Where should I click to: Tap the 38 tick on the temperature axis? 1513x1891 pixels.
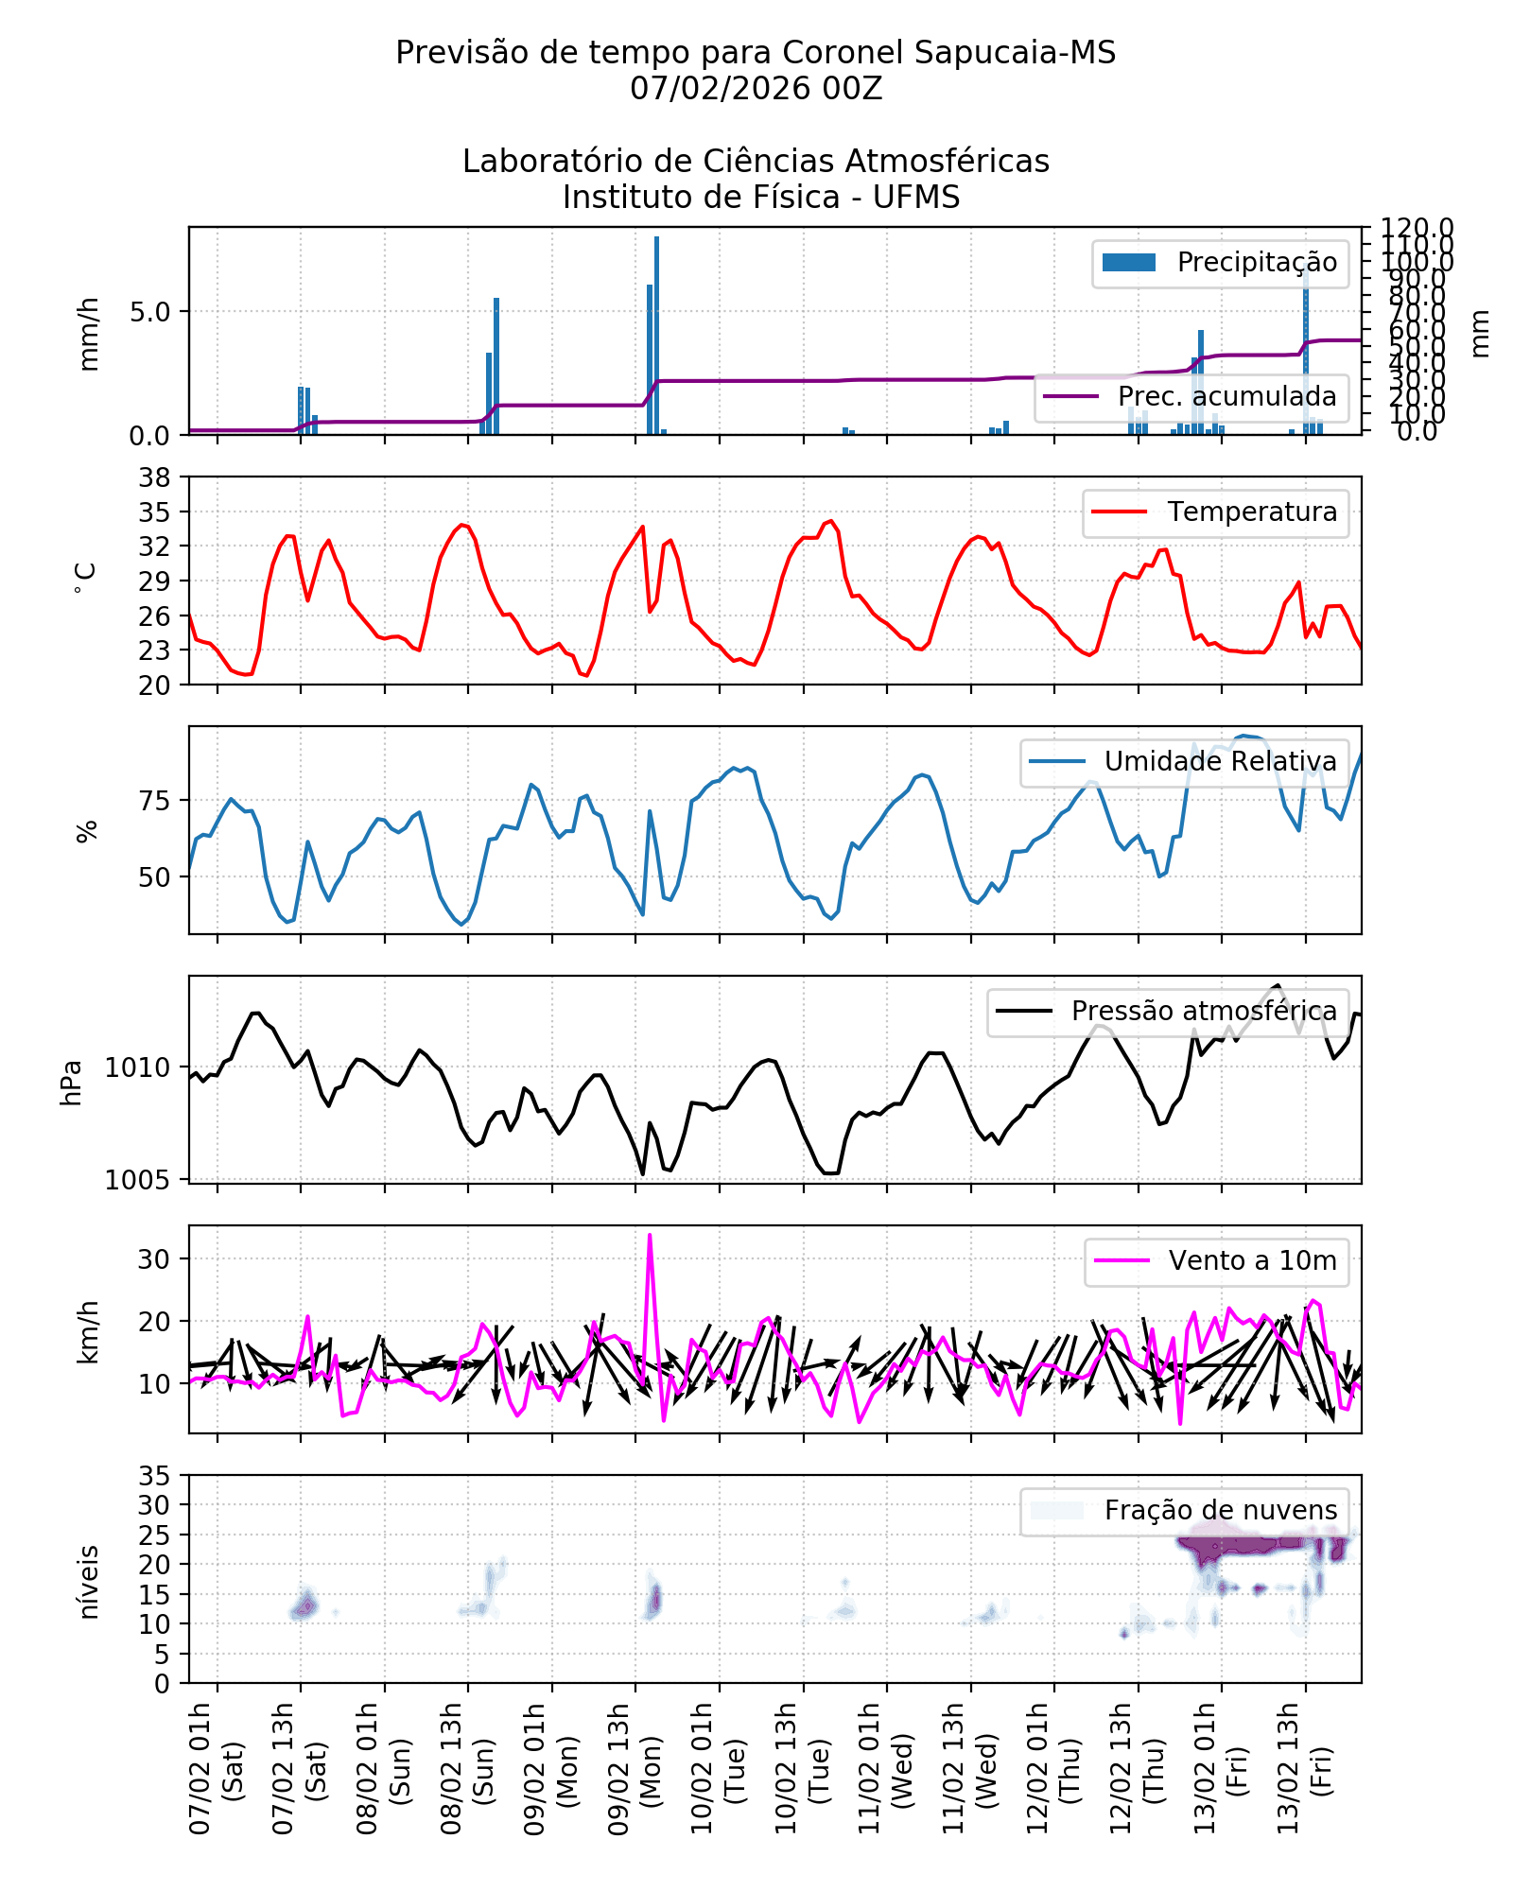pyautogui.click(x=155, y=477)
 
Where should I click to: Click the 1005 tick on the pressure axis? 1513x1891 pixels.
pyautogui.click(x=137, y=1180)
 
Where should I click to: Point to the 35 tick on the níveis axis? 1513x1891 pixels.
pyautogui.click(x=155, y=1476)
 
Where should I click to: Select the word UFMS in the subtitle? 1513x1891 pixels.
pyautogui.click(x=916, y=198)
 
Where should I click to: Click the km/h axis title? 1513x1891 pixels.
pyautogui.click(x=88, y=1331)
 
